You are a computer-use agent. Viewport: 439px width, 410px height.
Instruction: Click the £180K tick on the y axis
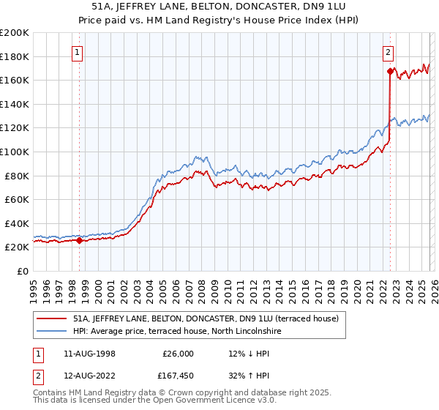[15, 56]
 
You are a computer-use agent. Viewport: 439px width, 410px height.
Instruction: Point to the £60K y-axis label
[17, 199]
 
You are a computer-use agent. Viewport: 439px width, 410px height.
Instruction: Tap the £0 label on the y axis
[23, 271]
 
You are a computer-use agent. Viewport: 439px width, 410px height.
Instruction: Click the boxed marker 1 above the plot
[78, 52]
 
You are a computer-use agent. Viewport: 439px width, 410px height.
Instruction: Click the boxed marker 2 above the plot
[388, 52]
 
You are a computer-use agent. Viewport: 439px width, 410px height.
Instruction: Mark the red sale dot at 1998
[79, 240]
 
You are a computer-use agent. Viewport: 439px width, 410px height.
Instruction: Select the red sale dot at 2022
[389, 72]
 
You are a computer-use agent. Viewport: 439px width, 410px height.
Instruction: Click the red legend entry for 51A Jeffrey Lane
[205, 318]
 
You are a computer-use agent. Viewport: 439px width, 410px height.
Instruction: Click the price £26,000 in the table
[178, 353]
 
